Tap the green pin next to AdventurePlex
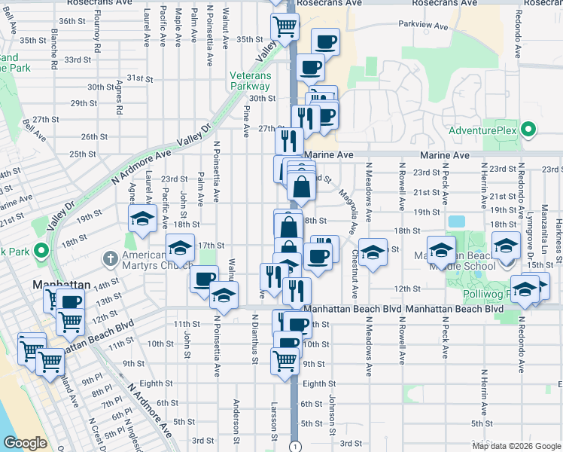[528, 130]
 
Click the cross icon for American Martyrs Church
[111, 258]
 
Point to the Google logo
[24, 443]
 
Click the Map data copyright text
[516, 446]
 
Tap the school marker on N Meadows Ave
[373, 252]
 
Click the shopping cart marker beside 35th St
[285, 26]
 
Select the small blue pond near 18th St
[455, 222]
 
